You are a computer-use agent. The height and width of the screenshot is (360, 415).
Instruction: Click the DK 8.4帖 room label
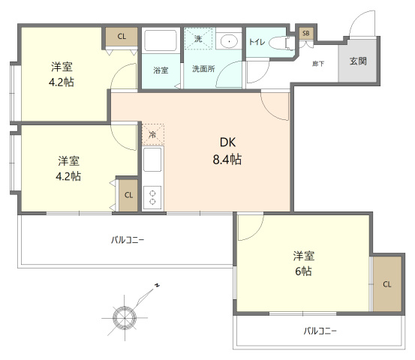(227, 151)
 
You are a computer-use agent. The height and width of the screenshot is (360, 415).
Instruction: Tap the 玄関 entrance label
(358, 61)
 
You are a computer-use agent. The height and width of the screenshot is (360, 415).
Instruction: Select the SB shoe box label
(305, 33)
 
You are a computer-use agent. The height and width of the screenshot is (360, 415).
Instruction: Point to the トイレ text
(257, 42)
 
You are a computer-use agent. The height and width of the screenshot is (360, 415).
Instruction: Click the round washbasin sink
(229, 41)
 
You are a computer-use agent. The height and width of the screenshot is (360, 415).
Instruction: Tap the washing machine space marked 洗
(198, 39)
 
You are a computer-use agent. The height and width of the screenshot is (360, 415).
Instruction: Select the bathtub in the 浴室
(160, 40)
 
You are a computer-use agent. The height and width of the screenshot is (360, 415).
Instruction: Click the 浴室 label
(161, 70)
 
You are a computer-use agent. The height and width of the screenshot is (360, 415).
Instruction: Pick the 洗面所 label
(203, 69)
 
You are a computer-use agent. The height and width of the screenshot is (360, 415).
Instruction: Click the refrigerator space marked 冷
(152, 134)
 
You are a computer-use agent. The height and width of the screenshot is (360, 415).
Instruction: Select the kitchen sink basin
(152, 160)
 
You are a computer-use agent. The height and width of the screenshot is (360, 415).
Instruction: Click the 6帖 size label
(303, 271)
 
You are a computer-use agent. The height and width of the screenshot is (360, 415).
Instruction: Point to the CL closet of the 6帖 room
(387, 284)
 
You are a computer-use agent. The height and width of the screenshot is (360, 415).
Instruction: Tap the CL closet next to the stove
(128, 195)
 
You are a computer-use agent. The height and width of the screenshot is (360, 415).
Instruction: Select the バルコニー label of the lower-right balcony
(320, 331)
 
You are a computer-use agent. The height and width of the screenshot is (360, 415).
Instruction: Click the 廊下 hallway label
(318, 64)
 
